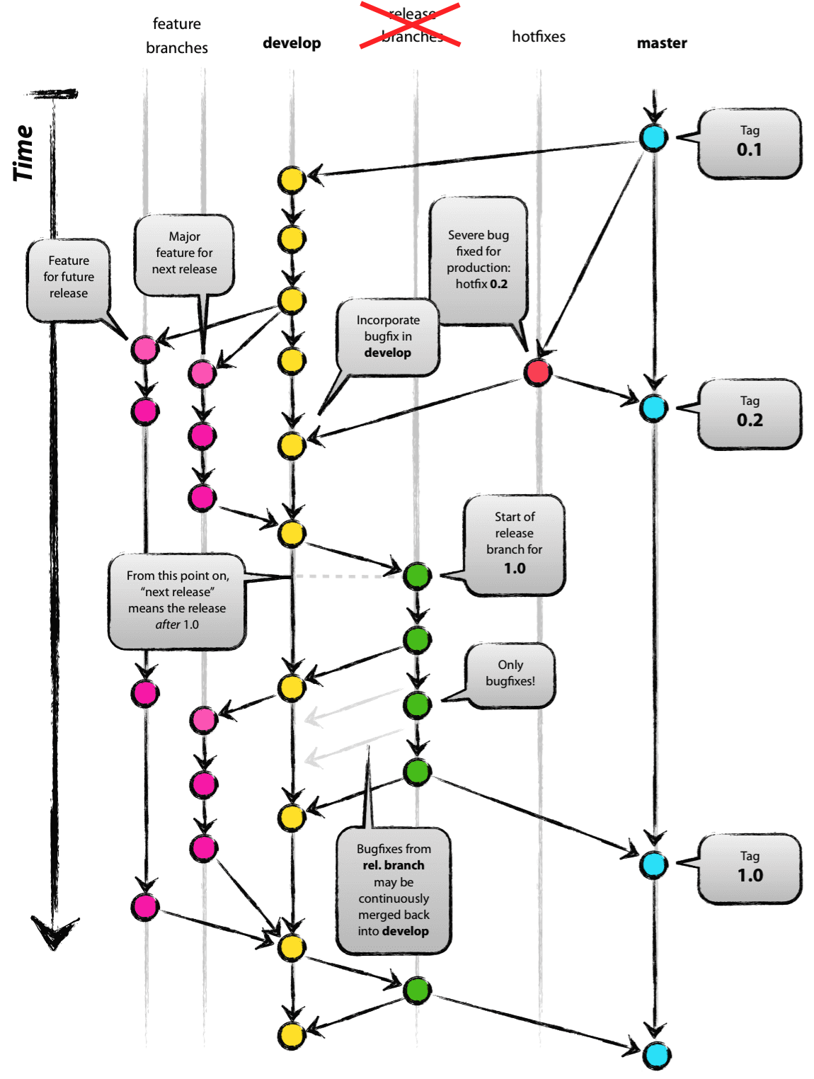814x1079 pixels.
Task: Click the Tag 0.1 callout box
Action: click(x=750, y=143)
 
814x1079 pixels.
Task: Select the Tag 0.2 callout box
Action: click(x=750, y=413)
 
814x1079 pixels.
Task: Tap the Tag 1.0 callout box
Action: click(x=750, y=869)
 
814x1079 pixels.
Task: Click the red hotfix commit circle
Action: click(x=538, y=371)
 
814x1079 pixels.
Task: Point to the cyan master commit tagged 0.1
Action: click(x=653, y=137)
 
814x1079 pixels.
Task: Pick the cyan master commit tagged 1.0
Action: click(x=653, y=864)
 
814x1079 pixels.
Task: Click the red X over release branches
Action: click(x=411, y=25)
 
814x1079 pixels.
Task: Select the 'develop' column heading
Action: click(x=292, y=43)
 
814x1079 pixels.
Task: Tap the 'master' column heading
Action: click(x=662, y=43)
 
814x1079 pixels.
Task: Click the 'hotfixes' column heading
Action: click(x=539, y=37)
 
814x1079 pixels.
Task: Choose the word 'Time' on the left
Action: click(x=24, y=153)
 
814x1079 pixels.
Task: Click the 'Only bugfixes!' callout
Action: click(x=510, y=674)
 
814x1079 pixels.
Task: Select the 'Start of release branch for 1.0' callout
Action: click(x=515, y=543)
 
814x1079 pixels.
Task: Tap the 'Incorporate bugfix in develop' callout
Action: click(x=388, y=337)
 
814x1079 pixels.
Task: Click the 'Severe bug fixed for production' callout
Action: click(x=478, y=260)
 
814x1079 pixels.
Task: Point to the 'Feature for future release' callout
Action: click(x=69, y=278)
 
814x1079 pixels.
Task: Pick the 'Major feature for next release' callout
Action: click(x=184, y=253)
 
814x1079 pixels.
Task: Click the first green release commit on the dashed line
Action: click(x=417, y=576)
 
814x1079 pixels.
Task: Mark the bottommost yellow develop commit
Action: click(x=291, y=1035)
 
